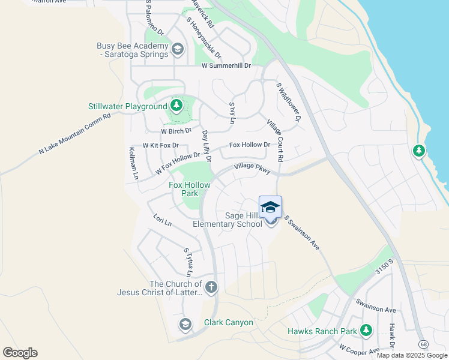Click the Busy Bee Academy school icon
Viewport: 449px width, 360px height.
click(177, 49)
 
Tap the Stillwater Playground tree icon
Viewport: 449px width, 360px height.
click(176, 106)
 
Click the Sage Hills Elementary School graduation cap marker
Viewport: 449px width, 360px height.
click(271, 207)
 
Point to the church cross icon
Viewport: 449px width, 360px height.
click(211, 287)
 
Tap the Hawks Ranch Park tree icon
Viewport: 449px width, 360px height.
click(366, 330)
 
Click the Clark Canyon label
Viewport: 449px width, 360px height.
click(228, 322)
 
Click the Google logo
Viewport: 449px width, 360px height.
click(20, 353)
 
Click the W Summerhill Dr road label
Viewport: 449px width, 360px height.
click(226, 65)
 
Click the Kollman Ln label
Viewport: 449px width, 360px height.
click(133, 164)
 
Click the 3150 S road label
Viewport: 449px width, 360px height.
click(384, 268)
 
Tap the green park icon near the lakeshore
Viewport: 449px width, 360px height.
click(419, 151)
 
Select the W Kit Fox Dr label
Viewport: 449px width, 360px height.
click(160, 145)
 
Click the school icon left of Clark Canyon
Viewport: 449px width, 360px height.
click(185, 325)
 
